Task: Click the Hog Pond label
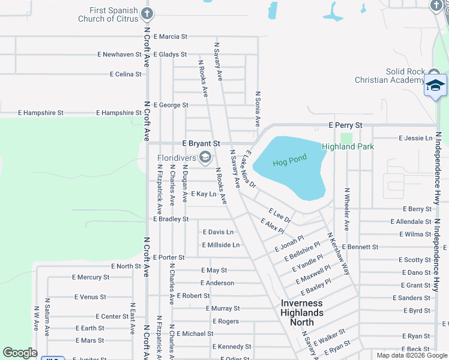click(289, 161)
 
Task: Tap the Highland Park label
click(348, 146)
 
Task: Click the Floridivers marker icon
click(205, 158)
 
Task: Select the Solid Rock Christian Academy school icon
click(435, 86)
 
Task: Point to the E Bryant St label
click(202, 144)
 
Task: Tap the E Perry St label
click(345, 125)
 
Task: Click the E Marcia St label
click(170, 37)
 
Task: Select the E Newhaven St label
click(119, 54)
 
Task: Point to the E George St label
click(171, 105)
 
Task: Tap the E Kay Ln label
click(203, 194)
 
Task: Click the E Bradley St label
click(171, 219)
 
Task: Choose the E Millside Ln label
click(221, 245)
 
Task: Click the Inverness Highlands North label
click(302, 312)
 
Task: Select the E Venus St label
click(90, 296)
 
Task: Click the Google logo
click(20, 353)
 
